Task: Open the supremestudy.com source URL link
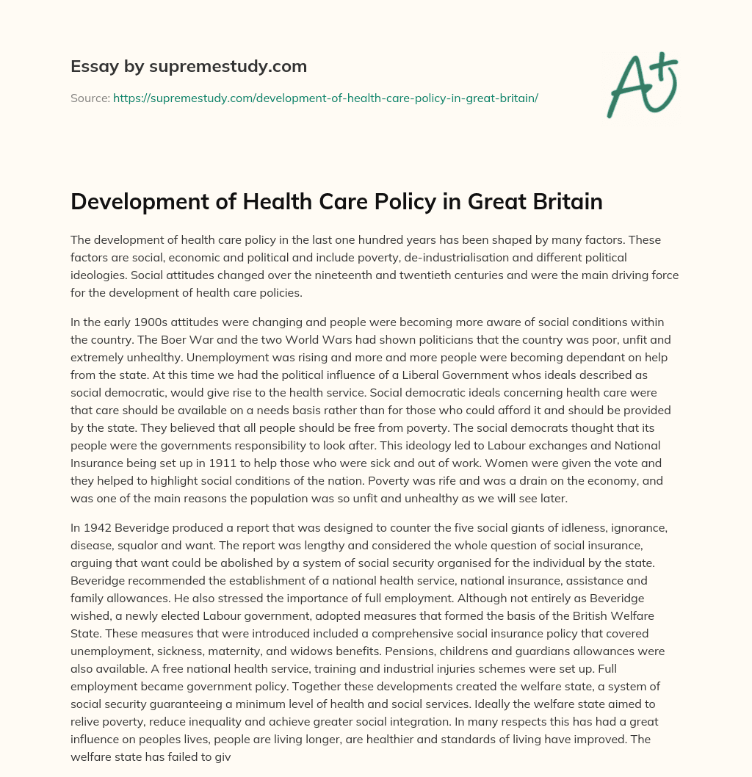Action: [325, 98]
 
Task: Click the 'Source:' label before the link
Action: [90, 98]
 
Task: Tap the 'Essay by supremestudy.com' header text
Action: [189, 67]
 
